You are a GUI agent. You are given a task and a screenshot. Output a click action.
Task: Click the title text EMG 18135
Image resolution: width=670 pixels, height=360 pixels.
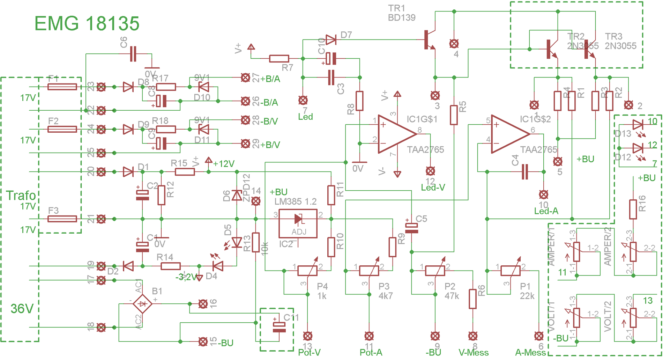[x=87, y=24]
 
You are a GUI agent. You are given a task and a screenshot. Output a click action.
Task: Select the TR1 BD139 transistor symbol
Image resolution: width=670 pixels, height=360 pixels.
[x=430, y=40]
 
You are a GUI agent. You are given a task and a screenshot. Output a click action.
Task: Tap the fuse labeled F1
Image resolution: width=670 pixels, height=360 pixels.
[x=62, y=87]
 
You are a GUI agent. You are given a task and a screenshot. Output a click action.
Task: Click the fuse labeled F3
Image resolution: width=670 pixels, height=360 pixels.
[x=62, y=219]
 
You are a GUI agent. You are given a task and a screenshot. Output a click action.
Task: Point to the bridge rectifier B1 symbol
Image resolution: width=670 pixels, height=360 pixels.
[x=142, y=304]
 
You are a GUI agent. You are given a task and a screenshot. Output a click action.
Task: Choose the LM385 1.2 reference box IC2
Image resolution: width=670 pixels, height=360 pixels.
[x=298, y=223]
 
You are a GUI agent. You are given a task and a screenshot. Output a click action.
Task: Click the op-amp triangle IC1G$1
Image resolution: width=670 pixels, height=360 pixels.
[x=396, y=134]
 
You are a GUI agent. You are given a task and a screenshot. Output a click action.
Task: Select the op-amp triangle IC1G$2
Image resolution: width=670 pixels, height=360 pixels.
[x=509, y=134]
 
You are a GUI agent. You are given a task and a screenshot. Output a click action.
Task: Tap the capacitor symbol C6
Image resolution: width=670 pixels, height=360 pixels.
[x=133, y=54]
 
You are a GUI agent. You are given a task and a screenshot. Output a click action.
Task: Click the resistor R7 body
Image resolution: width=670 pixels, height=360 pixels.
[x=279, y=59]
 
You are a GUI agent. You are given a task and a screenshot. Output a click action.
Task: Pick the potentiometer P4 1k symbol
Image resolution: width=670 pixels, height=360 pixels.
[x=307, y=271]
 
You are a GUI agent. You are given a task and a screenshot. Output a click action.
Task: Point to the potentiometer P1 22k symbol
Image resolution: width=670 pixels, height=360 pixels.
[x=510, y=271]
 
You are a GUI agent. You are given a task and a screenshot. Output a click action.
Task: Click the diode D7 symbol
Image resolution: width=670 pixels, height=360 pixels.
[x=331, y=39]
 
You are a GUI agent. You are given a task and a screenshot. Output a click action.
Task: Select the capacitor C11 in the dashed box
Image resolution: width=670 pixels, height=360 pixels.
[x=279, y=328]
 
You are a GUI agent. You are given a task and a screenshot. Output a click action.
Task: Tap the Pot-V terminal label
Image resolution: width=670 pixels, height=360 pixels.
[x=309, y=353]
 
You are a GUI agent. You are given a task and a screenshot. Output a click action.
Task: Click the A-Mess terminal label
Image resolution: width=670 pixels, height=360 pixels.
[x=530, y=353]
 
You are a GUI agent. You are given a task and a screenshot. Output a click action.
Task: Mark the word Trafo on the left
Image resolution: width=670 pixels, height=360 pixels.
[x=21, y=196]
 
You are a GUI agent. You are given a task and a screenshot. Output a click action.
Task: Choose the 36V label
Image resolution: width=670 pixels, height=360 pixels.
[x=22, y=309]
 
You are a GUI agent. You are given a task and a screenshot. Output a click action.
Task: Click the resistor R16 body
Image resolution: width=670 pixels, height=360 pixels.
[x=633, y=209]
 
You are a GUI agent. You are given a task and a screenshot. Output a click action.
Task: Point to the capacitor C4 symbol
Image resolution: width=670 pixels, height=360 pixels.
[x=525, y=172]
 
